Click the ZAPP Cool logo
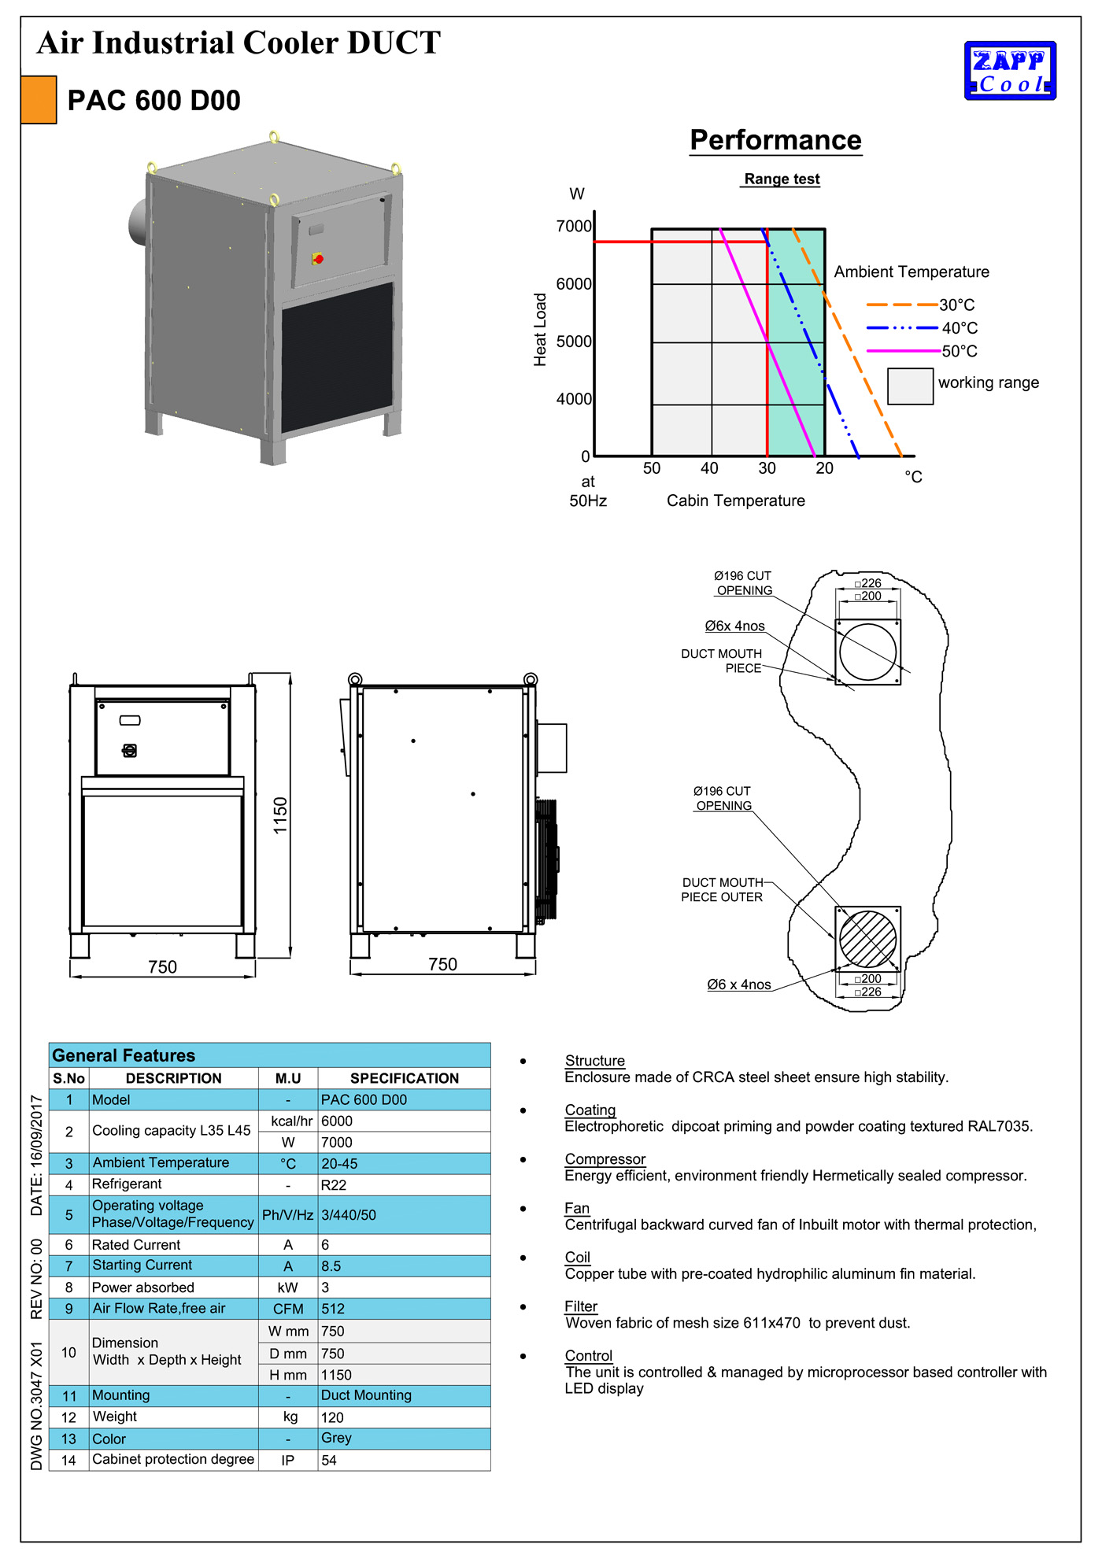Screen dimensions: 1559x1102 pyautogui.click(x=1010, y=71)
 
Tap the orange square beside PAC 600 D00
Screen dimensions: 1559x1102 pyautogui.click(x=39, y=100)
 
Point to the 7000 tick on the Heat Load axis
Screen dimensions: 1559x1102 pyautogui.click(x=574, y=227)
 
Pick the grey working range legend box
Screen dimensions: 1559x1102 pyautogui.click(x=910, y=386)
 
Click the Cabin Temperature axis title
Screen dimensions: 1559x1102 pyautogui.click(x=735, y=501)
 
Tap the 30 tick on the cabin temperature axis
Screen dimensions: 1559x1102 pyautogui.click(x=767, y=468)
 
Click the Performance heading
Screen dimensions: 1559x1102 pyautogui.click(x=775, y=140)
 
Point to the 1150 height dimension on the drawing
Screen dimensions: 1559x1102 pyautogui.click(x=280, y=815)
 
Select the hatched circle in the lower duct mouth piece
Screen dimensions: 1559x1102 pyautogui.click(x=867, y=939)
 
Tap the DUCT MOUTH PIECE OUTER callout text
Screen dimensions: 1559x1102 pyautogui.click(x=722, y=890)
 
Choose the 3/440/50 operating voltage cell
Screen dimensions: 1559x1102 pyautogui.click(x=349, y=1215)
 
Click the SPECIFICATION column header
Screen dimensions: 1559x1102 pyautogui.click(x=404, y=1078)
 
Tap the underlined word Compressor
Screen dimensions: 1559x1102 pyautogui.click(x=605, y=1159)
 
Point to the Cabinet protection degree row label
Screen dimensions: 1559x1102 pyautogui.click(x=173, y=1460)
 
